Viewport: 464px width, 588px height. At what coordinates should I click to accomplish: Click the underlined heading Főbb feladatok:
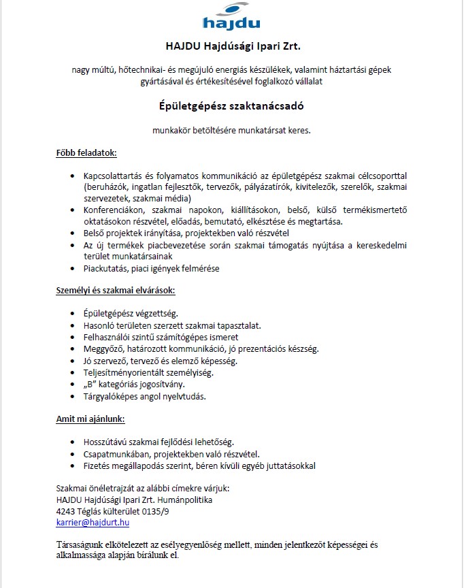tap(86, 154)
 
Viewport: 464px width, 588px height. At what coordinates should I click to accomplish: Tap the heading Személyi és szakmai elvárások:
tap(115, 291)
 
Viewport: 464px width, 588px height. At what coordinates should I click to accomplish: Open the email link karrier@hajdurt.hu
tap(93, 523)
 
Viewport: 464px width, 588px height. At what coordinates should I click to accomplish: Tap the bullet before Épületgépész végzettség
tap(73, 314)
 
